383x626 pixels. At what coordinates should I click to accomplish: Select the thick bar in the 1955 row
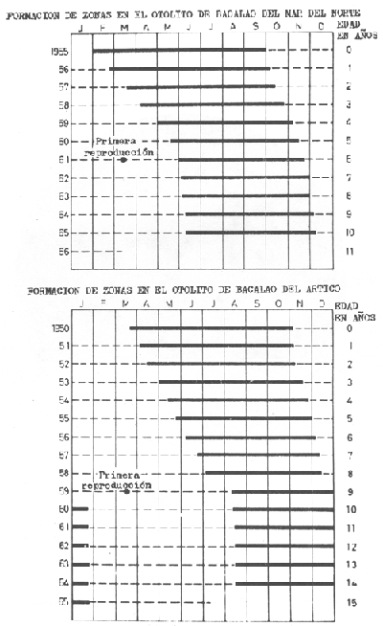(x=180, y=50)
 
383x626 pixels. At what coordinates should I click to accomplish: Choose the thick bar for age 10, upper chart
(x=251, y=233)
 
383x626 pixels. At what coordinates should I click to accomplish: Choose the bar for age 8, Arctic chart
(x=263, y=473)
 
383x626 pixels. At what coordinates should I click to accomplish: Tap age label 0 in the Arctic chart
(x=349, y=328)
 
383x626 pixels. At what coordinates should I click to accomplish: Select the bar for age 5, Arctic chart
(x=243, y=418)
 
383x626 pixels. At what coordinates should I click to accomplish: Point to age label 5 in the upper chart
(x=349, y=141)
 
